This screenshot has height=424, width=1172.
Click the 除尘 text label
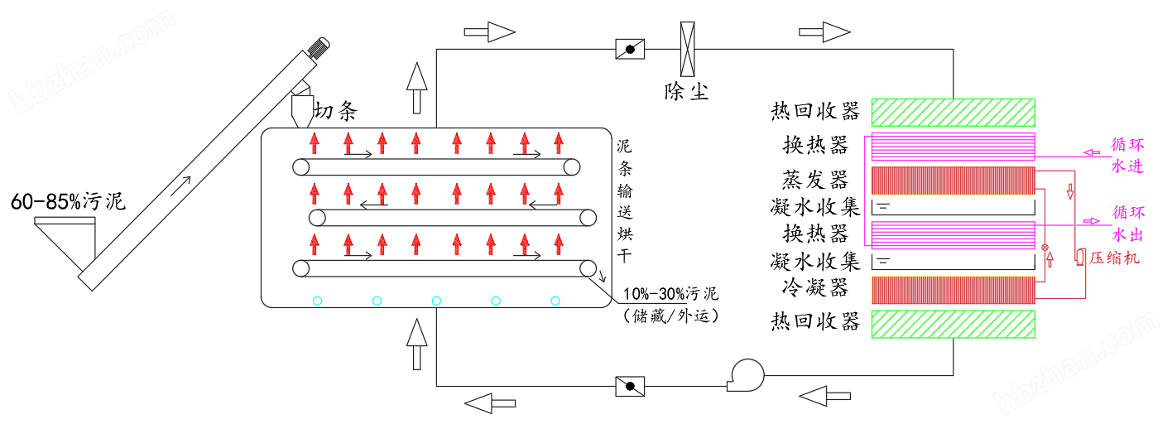tap(687, 90)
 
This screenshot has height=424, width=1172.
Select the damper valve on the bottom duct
tap(630, 386)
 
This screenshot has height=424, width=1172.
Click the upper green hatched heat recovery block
tap(953, 113)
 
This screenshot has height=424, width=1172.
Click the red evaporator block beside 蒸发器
tap(953, 181)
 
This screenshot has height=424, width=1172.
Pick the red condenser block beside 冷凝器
tap(953, 289)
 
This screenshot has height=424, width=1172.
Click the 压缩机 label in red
tap(1114, 258)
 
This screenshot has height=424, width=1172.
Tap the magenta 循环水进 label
tap(1127, 155)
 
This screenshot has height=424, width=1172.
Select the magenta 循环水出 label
tap(1127, 223)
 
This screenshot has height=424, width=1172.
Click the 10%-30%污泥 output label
tap(670, 294)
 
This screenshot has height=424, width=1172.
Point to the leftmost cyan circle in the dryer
tap(317, 301)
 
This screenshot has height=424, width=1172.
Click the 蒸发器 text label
tap(815, 180)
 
